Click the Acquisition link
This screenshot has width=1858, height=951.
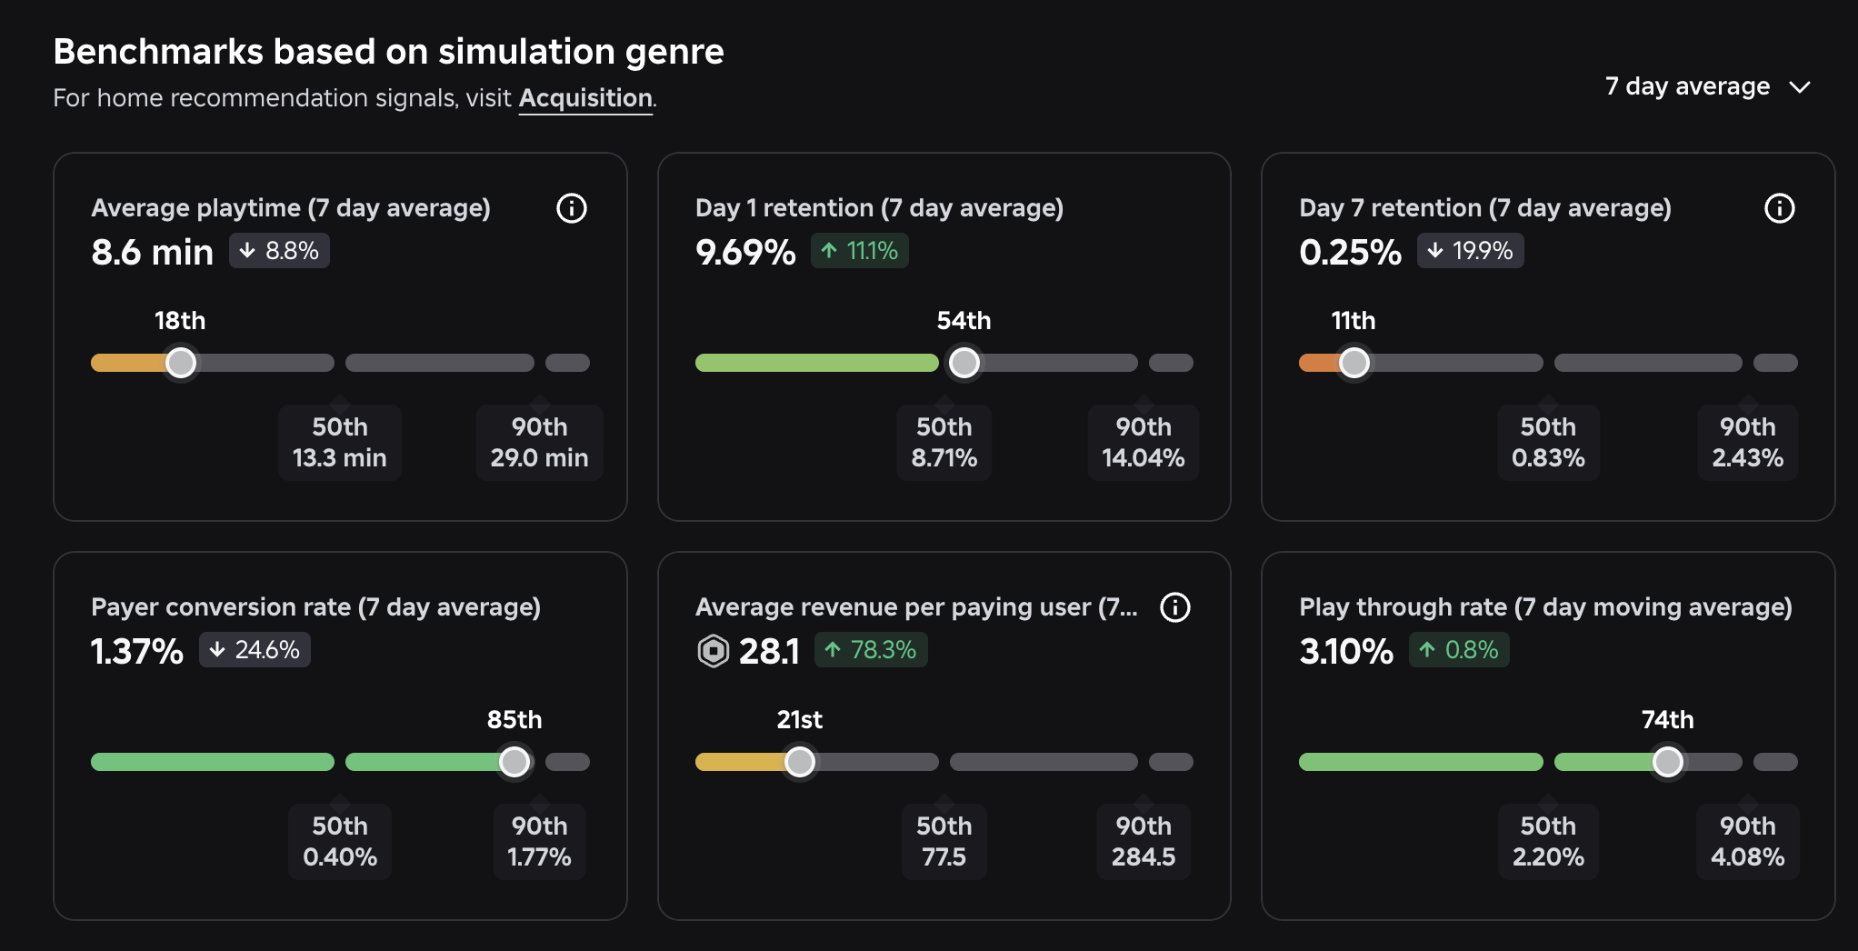(585, 98)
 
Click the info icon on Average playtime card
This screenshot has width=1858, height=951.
(572, 208)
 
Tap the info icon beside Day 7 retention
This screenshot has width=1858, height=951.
(1779, 208)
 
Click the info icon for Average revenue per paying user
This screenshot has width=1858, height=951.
(1175, 607)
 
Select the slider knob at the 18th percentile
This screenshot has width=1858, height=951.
(181, 363)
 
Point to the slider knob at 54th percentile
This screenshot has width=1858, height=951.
(964, 363)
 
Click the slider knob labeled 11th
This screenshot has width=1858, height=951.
(1354, 363)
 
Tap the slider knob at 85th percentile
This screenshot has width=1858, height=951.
(514, 762)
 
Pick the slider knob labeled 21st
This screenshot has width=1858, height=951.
(800, 762)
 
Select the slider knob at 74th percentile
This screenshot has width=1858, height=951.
(1668, 762)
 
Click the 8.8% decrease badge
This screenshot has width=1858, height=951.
(279, 251)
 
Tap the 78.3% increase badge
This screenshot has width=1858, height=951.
(871, 650)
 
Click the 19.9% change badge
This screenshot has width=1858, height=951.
(1470, 251)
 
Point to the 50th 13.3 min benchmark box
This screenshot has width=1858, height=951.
(340, 443)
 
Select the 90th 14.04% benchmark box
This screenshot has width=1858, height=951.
(1144, 443)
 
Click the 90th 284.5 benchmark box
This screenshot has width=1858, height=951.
(1144, 842)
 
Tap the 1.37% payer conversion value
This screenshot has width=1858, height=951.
(137, 651)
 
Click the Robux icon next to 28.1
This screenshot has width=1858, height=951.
(714, 651)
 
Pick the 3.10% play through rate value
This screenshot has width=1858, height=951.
(1346, 651)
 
